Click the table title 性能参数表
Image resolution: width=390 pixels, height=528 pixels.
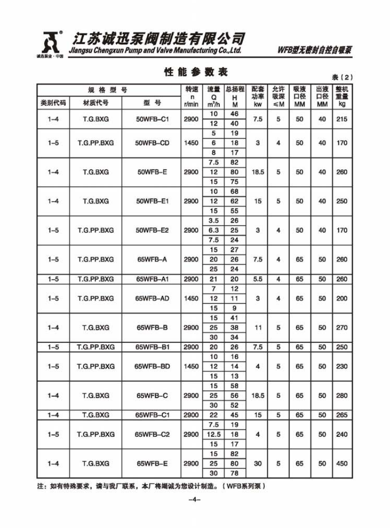[x=195, y=72]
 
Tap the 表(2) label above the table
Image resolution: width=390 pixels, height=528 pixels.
[x=342, y=77]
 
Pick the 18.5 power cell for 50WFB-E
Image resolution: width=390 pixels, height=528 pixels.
[x=258, y=172]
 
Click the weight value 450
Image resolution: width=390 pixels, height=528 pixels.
[x=341, y=463]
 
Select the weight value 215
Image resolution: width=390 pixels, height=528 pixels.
[x=341, y=119]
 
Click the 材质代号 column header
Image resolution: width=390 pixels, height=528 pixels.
[x=96, y=103]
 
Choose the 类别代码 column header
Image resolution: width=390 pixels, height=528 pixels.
[x=53, y=103]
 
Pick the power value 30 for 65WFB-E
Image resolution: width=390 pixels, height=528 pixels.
[x=258, y=463]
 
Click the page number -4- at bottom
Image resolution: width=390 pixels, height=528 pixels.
[x=195, y=500]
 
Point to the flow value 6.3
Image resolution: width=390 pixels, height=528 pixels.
[x=213, y=230]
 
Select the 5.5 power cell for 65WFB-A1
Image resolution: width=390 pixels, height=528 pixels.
[x=258, y=279]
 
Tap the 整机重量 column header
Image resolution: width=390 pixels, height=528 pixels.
[x=341, y=96]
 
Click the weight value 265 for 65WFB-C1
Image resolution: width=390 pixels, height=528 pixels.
[x=341, y=415]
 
